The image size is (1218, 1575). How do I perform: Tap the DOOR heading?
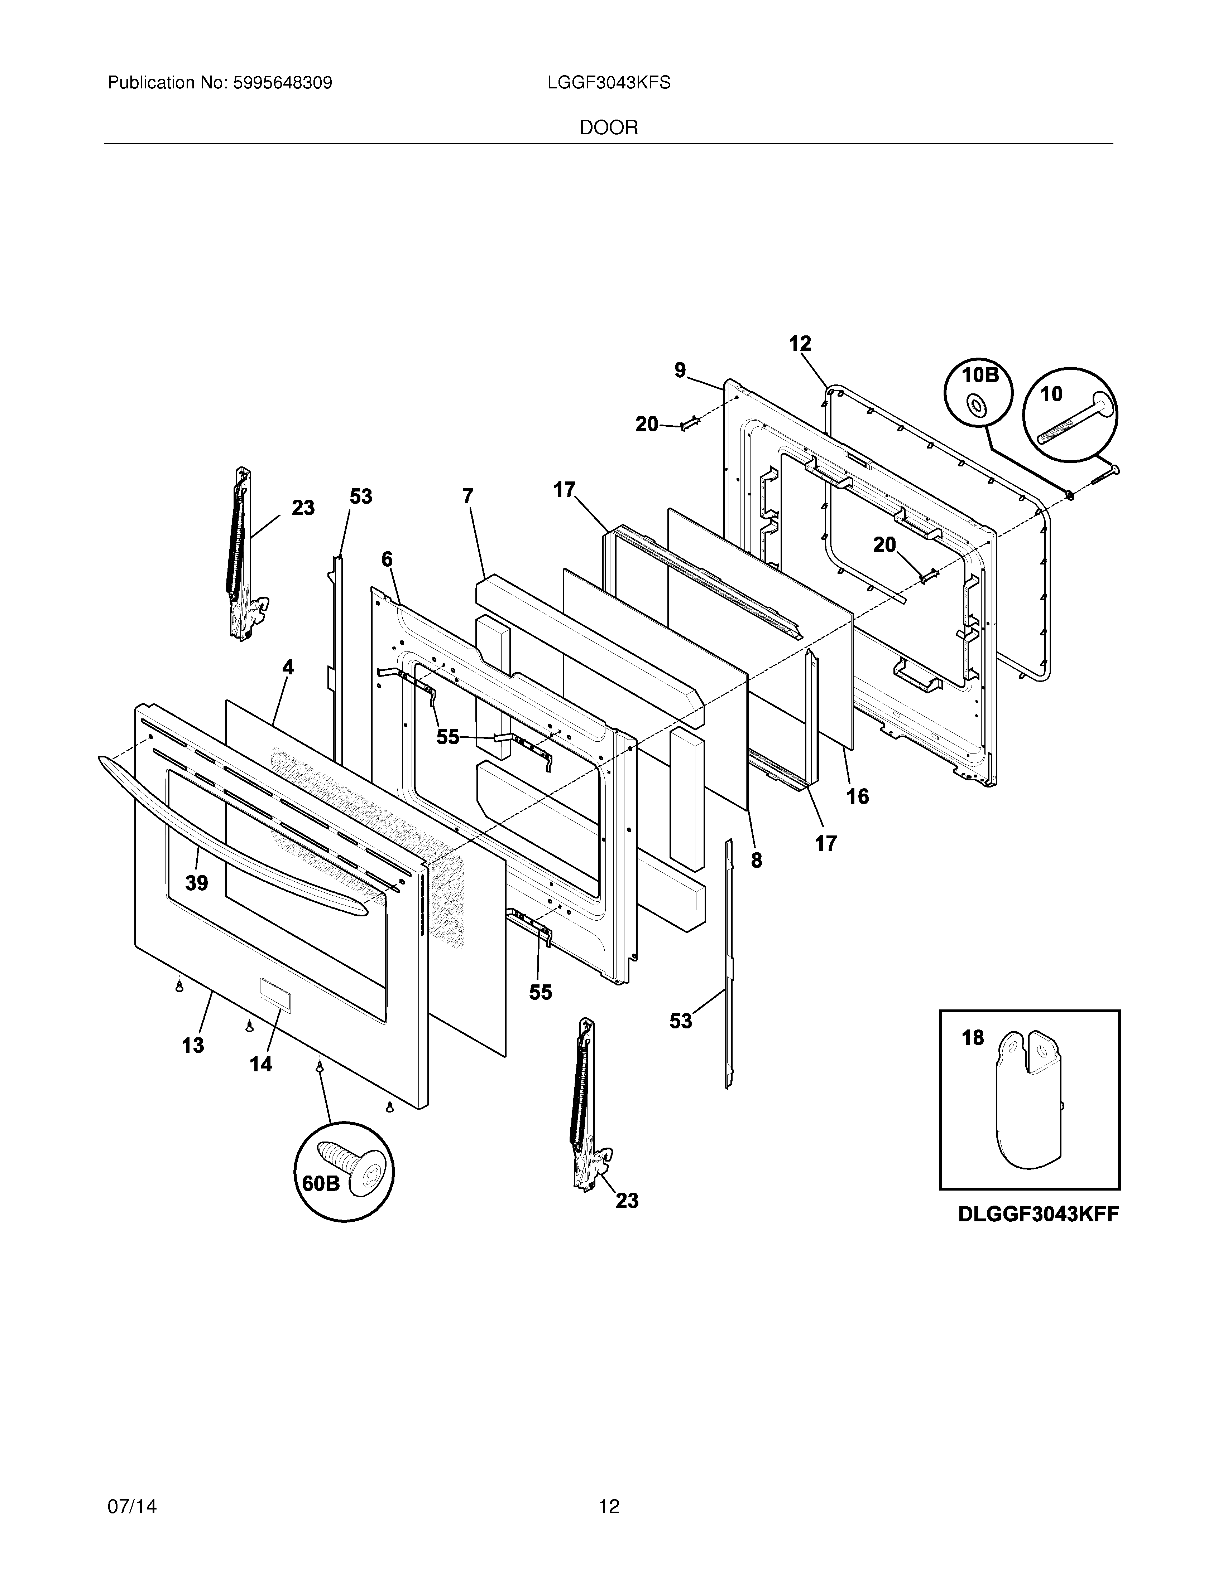click(x=608, y=129)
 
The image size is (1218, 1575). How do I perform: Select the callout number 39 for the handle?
click(x=196, y=883)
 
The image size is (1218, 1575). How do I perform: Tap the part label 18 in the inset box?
click(x=972, y=1038)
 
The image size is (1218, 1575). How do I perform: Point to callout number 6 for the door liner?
click(x=387, y=559)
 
